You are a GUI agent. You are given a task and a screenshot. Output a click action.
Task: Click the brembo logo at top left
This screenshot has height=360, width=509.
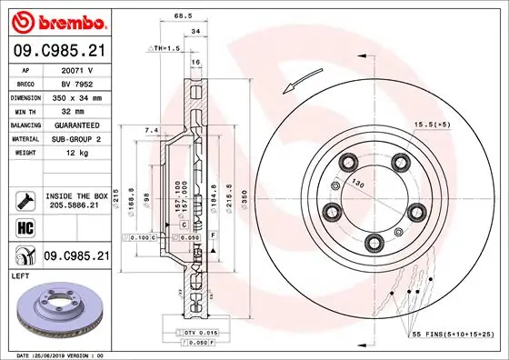(x=61, y=20)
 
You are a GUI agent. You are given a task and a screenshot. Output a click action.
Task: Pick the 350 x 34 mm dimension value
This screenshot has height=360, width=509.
(x=85, y=96)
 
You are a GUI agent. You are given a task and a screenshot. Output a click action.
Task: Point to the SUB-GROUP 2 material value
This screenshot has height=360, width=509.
(x=84, y=138)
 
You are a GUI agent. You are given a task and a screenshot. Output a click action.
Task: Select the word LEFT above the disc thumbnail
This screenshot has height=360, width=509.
(x=21, y=274)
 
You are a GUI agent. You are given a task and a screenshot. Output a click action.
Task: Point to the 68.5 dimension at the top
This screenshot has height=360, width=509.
(x=185, y=15)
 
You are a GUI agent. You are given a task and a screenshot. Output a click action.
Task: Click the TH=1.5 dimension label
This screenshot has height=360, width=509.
(x=165, y=48)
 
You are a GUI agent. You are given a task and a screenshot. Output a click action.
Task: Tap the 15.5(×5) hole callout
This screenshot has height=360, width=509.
(x=434, y=123)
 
